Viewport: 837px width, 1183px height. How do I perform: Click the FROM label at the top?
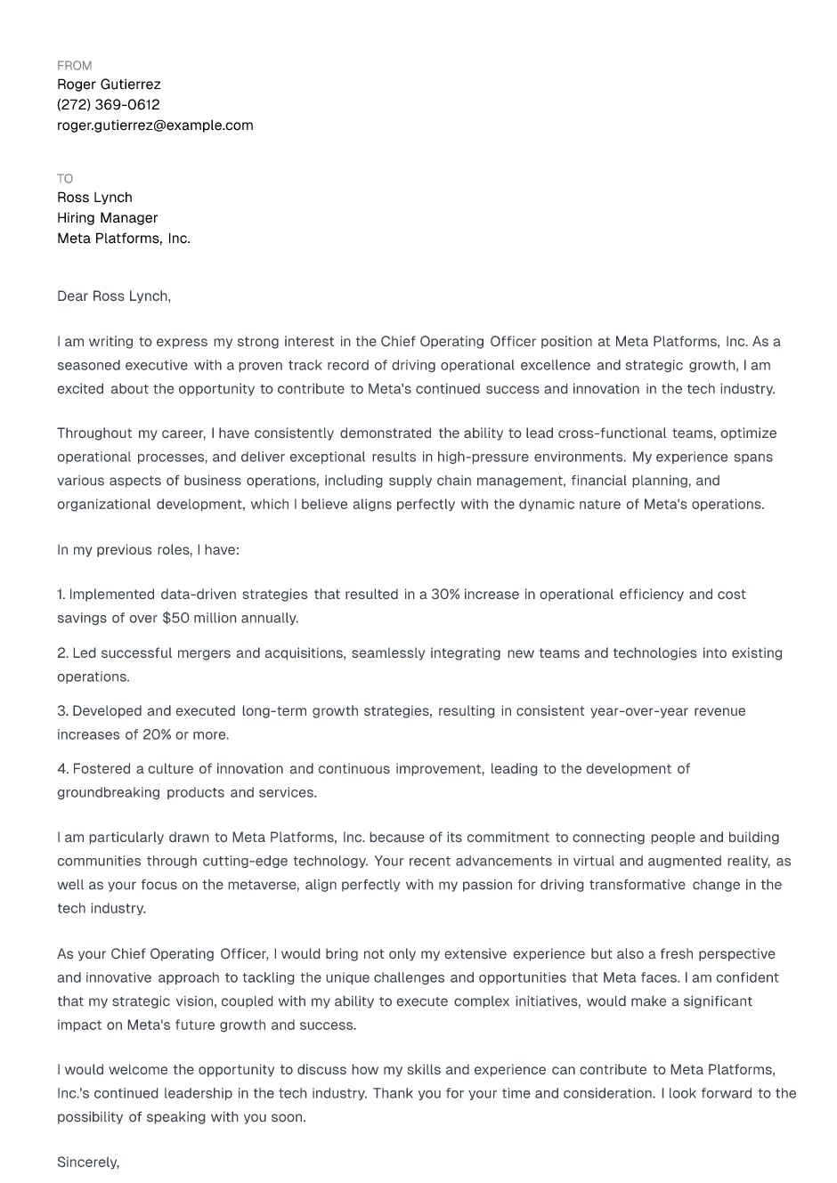tap(74, 66)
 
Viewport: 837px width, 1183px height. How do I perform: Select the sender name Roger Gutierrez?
tap(109, 85)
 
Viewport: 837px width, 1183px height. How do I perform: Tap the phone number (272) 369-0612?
tap(109, 105)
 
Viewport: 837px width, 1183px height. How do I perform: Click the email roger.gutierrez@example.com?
tap(155, 126)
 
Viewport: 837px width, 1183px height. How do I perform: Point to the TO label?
tap(65, 179)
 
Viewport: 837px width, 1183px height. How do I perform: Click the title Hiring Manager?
tap(107, 218)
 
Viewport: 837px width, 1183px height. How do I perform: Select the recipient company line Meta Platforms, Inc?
tap(124, 239)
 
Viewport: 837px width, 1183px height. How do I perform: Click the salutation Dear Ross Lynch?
tap(114, 296)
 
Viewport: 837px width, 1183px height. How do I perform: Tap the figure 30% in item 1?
tap(445, 595)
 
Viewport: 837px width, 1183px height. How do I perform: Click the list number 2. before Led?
tap(62, 653)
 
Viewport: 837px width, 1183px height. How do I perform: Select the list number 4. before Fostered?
tap(62, 769)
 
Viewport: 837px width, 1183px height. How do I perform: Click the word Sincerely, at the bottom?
tap(88, 1163)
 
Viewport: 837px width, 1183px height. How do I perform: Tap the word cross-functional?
tap(612, 433)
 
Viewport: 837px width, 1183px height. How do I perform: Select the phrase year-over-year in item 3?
tap(639, 711)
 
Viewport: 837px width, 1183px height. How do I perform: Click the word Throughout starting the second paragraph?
tap(94, 433)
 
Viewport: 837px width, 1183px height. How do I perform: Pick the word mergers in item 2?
tap(204, 653)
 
